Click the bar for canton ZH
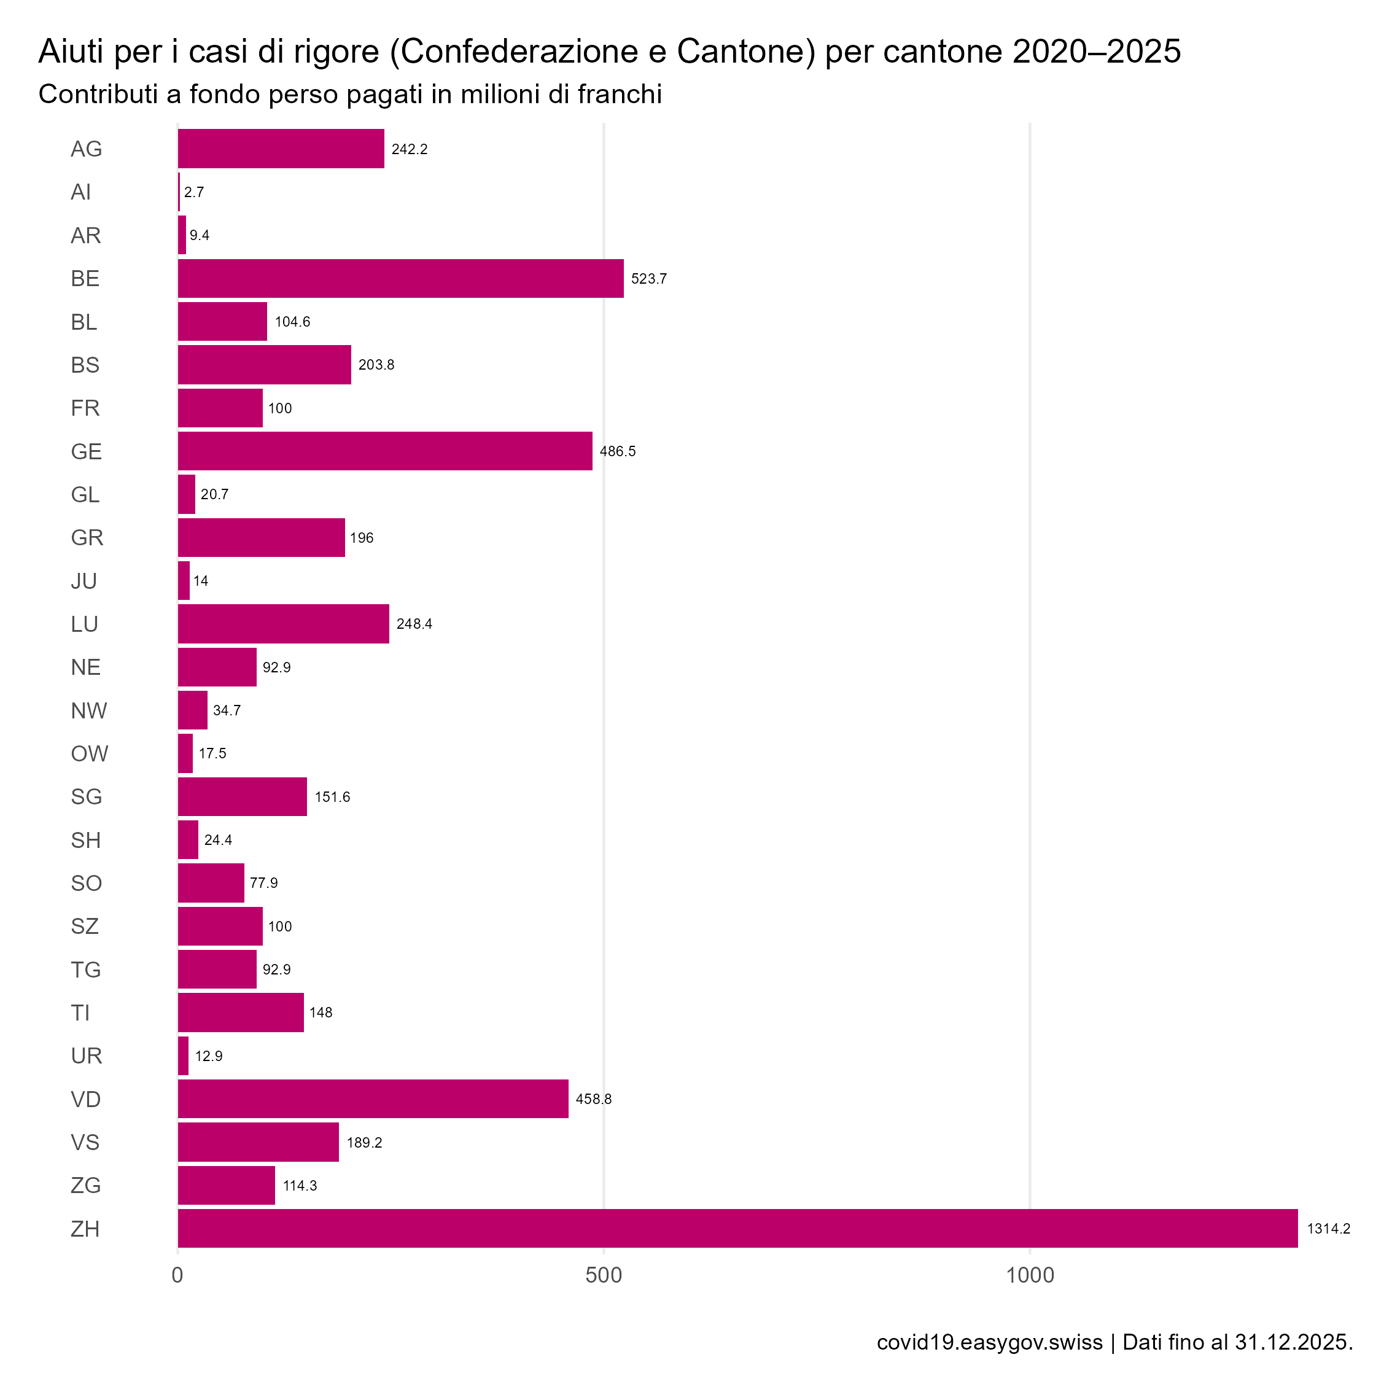coord(736,1229)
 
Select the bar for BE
coord(400,278)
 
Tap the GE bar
coord(385,451)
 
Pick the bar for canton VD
coord(373,1098)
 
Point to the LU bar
coord(283,624)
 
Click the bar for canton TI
coord(241,1013)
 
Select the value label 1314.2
coord(1328,1229)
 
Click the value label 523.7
coord(648,279)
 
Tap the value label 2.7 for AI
coord(194,192)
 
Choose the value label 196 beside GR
coord(362,539)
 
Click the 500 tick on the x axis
coord(603,1275)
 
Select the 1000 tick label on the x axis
coord(1030,1275)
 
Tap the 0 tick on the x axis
coord(177,1275)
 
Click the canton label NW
coord(88,711)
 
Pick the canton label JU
coord(84,581)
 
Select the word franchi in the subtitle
coord(620,95)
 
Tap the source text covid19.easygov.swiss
coord(989,1342)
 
